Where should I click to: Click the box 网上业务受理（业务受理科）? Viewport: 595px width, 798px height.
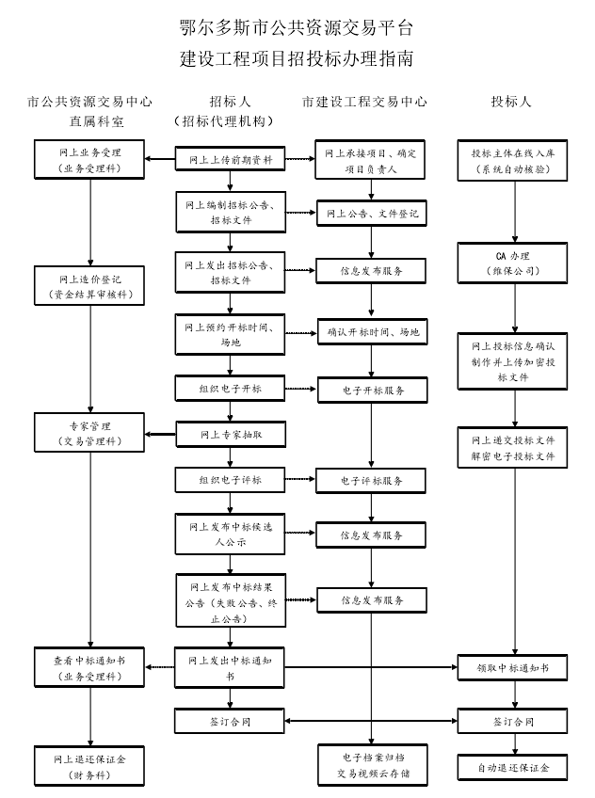pos(90,160)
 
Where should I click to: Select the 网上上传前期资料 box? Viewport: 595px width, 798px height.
pos(230,160)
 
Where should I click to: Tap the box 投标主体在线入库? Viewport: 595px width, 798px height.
pos(513,160)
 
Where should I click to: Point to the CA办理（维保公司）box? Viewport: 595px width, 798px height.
pos(513,263)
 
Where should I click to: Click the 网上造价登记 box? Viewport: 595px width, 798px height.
pos(90,287)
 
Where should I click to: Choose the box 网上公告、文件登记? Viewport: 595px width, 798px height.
pos(371,215)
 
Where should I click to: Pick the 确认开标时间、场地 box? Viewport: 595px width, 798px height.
pos(371,332)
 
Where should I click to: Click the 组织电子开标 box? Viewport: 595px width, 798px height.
pos(230,389)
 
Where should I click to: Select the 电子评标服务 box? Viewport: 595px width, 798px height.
pos(371,481)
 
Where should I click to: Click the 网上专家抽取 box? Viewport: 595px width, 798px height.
pos(230,435)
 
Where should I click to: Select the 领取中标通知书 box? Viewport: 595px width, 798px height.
pos(513,668)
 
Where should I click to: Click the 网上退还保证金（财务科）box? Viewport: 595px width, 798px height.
pos(90,765)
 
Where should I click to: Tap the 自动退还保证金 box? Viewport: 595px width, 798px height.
pos(513,767)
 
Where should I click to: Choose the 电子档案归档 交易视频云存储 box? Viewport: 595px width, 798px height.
pos(371,765)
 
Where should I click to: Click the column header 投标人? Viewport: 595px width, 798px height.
pos(511,101)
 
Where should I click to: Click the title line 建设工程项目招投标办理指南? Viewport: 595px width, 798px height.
pos(297,58)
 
